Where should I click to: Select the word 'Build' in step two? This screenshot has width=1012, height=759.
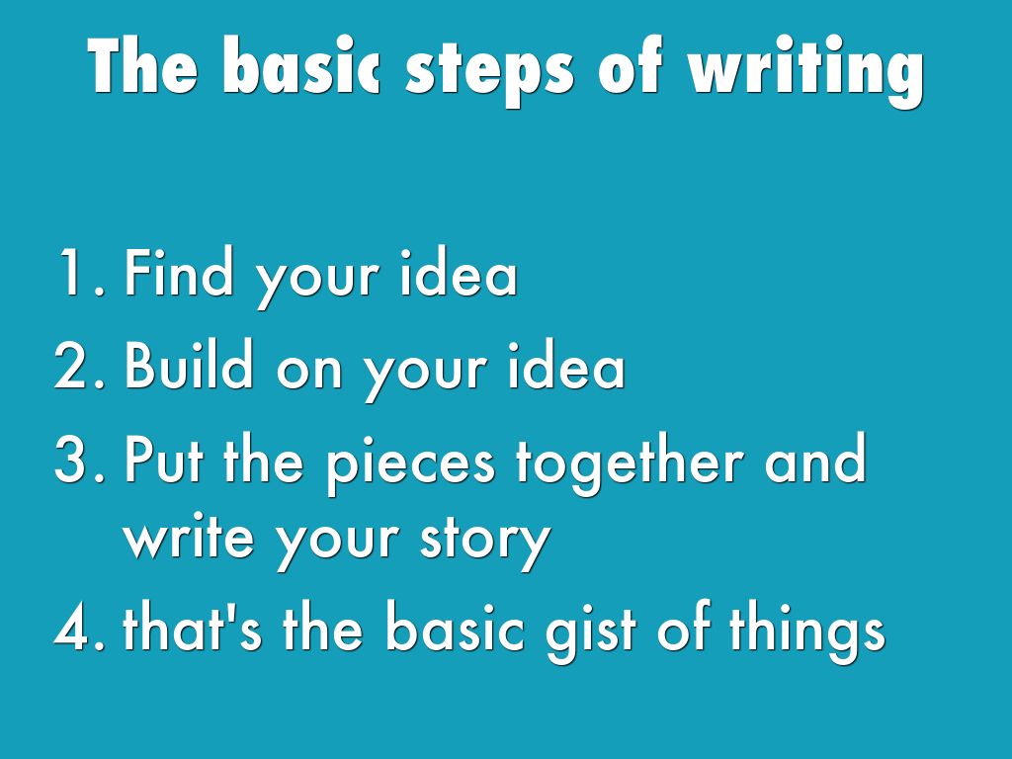(x=192, y=367)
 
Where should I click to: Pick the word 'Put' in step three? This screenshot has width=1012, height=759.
(x=167, y=461)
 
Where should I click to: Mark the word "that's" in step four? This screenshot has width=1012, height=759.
(x=195, y=630)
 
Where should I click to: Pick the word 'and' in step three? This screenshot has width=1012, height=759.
(x=816, y=461)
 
